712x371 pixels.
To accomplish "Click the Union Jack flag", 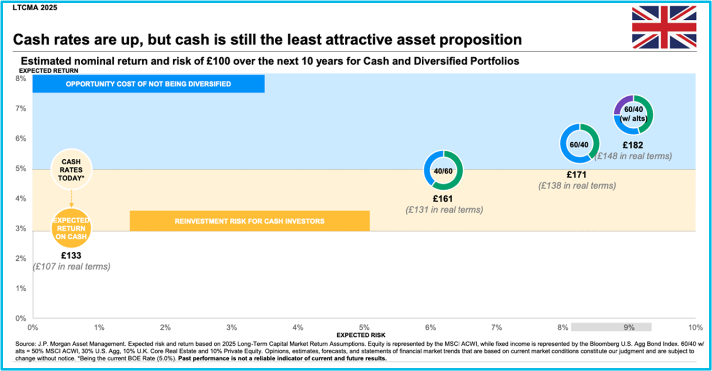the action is click(x=664, y=27).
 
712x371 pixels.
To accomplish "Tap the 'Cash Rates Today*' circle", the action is click(x=72, y=169).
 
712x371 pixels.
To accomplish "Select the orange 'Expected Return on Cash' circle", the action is click(x=71, y=228).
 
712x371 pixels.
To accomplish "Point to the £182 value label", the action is click(x=633, y=145).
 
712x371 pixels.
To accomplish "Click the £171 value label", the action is click(x=577, y=175).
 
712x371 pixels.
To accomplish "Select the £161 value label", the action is click(x=443, y=199).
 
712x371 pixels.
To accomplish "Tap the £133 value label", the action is click(x=71, y=256).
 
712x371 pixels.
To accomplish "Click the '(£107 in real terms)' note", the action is click(x=72, y=266).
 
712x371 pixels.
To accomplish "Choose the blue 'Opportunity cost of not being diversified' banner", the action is click(x=149, y=84).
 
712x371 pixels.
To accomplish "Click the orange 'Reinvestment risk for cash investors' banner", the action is click(x=250, y=221).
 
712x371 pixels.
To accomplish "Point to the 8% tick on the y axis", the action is click(x=21, y=79).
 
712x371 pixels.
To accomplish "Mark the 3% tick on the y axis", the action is click(x=21, y=229).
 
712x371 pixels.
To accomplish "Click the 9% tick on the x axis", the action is click(x=629, y=328).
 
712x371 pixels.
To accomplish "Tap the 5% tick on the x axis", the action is click(x=364, y=328).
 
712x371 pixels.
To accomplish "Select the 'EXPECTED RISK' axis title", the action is click(x=361, y=335).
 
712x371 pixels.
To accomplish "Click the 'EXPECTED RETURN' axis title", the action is click(x=49, y=71).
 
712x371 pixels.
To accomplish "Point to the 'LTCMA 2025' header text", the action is click(x=35, y=7).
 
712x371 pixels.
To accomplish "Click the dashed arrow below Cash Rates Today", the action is click(x=72, y=199).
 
